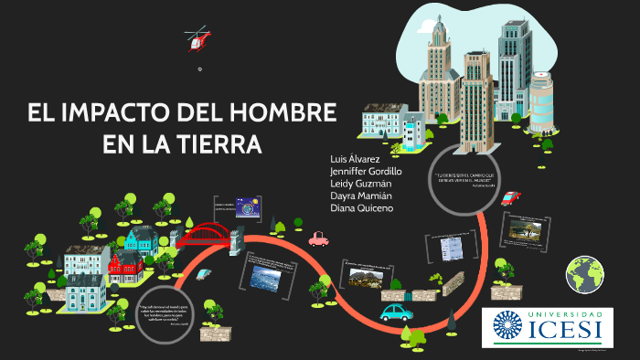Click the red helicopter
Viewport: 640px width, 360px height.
[x=197, y=38]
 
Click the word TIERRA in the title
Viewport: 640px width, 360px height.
[x=217, y=144]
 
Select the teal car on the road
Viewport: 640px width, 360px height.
[x=395, y=312]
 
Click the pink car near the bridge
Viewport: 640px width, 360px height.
[x=318, y=239]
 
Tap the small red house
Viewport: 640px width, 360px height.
[x=123, y=265]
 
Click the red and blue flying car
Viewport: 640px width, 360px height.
[x=511, y=196]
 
